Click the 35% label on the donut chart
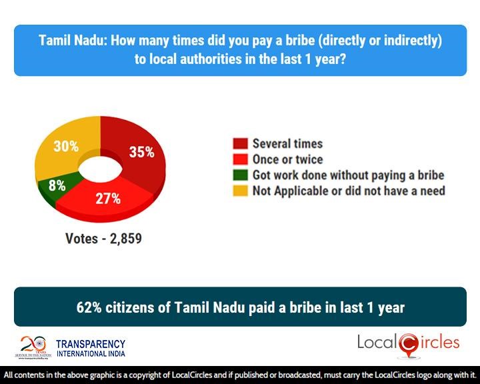(x=141, y=152)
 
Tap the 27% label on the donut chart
(x=107, y=199)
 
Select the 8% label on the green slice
(x=57, y=186)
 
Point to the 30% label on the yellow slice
(x=66, y=146)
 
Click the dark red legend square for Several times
(x=241, y=144)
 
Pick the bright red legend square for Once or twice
(x=241, y=159)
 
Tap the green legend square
(x=241, y=175)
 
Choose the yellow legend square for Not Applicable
(x=241, y=191)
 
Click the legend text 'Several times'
(x=287, y=144)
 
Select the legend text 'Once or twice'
(x=287, y=159)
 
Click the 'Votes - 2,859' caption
(x=103, y=237)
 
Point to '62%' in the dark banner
(x=91, y=307)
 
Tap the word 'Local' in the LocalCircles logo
(x=377, y=343)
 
